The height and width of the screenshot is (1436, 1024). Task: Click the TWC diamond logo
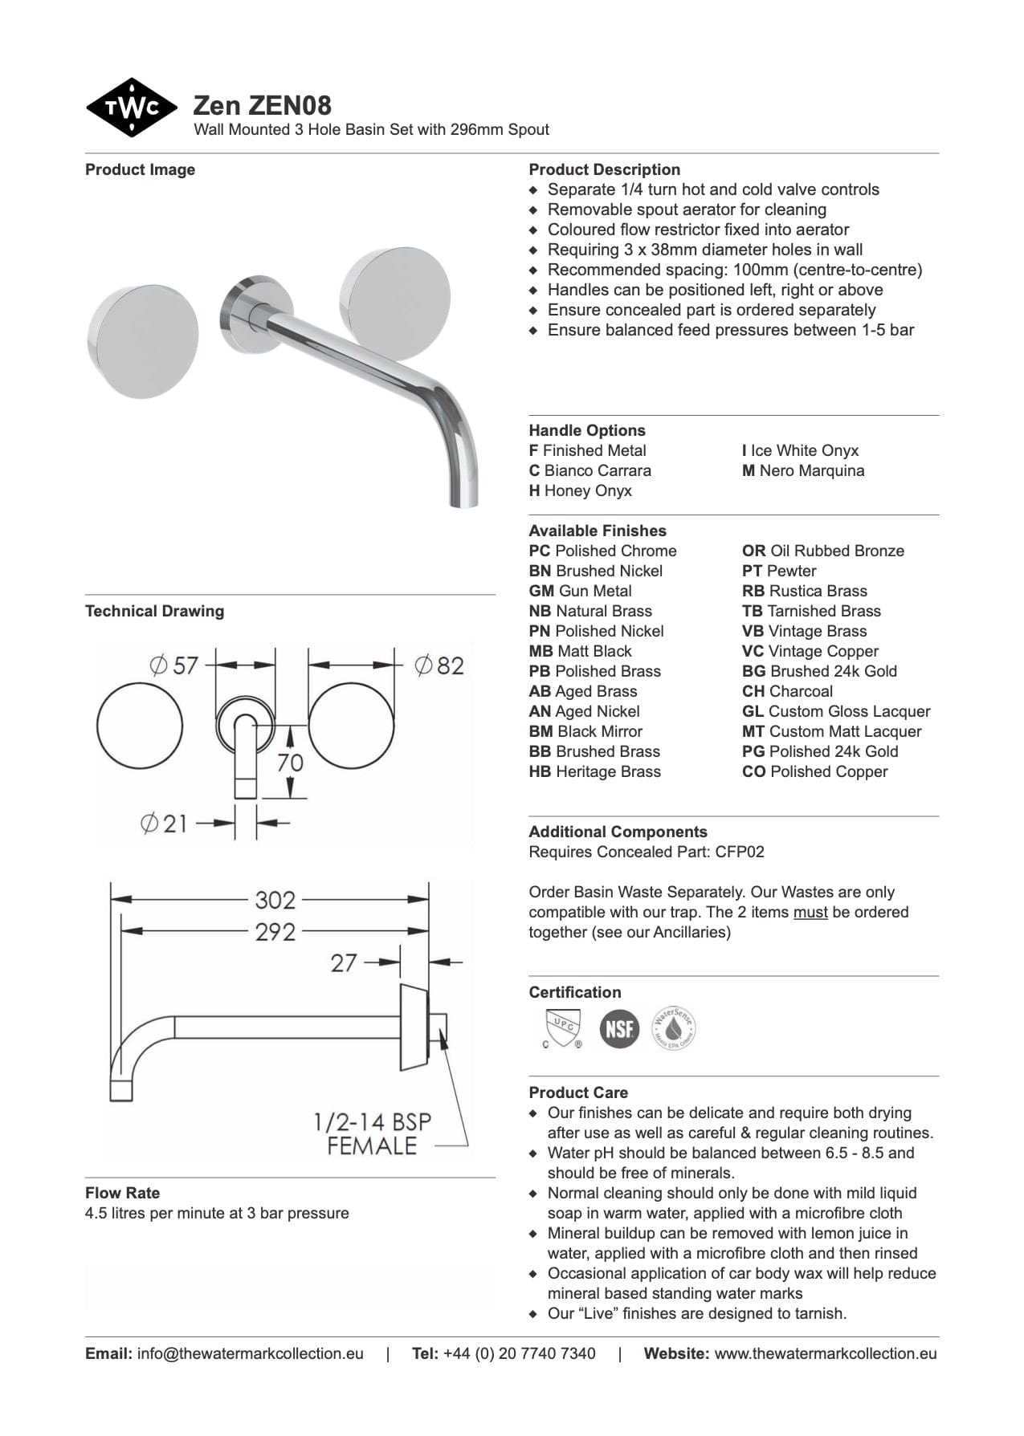tap(131, 108)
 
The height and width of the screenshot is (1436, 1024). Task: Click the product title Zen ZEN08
tap(262, 105)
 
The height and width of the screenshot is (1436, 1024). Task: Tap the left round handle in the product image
tap(142, 340)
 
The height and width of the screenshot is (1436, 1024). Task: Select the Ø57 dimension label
tap(173, 665)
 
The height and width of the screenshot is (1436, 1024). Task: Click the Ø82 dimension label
tap(439, 665)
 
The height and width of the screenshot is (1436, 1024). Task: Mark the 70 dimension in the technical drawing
tap(290, 761)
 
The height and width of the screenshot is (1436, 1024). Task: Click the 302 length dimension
tap(275, 899)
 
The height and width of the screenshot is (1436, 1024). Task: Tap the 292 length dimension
tap(275, 932)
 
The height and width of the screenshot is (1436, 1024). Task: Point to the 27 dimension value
tap(344, 962)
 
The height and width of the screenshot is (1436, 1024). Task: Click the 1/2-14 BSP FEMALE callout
tap(372, 1133)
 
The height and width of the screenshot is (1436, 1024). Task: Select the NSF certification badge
tap(619, 1028)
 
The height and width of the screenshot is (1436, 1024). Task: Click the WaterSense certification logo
tap(673, 1028)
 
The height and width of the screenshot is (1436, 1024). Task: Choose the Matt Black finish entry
tap(580, 651)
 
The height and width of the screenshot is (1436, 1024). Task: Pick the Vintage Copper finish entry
tap(810, 651)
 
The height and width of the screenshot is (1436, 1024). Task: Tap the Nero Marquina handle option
tap(803, 470)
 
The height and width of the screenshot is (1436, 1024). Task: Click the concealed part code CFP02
tap(739, 852)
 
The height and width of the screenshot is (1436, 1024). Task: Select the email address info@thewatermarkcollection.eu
tap(250, 1353)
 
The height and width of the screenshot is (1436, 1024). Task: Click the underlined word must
tap(810, 912)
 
